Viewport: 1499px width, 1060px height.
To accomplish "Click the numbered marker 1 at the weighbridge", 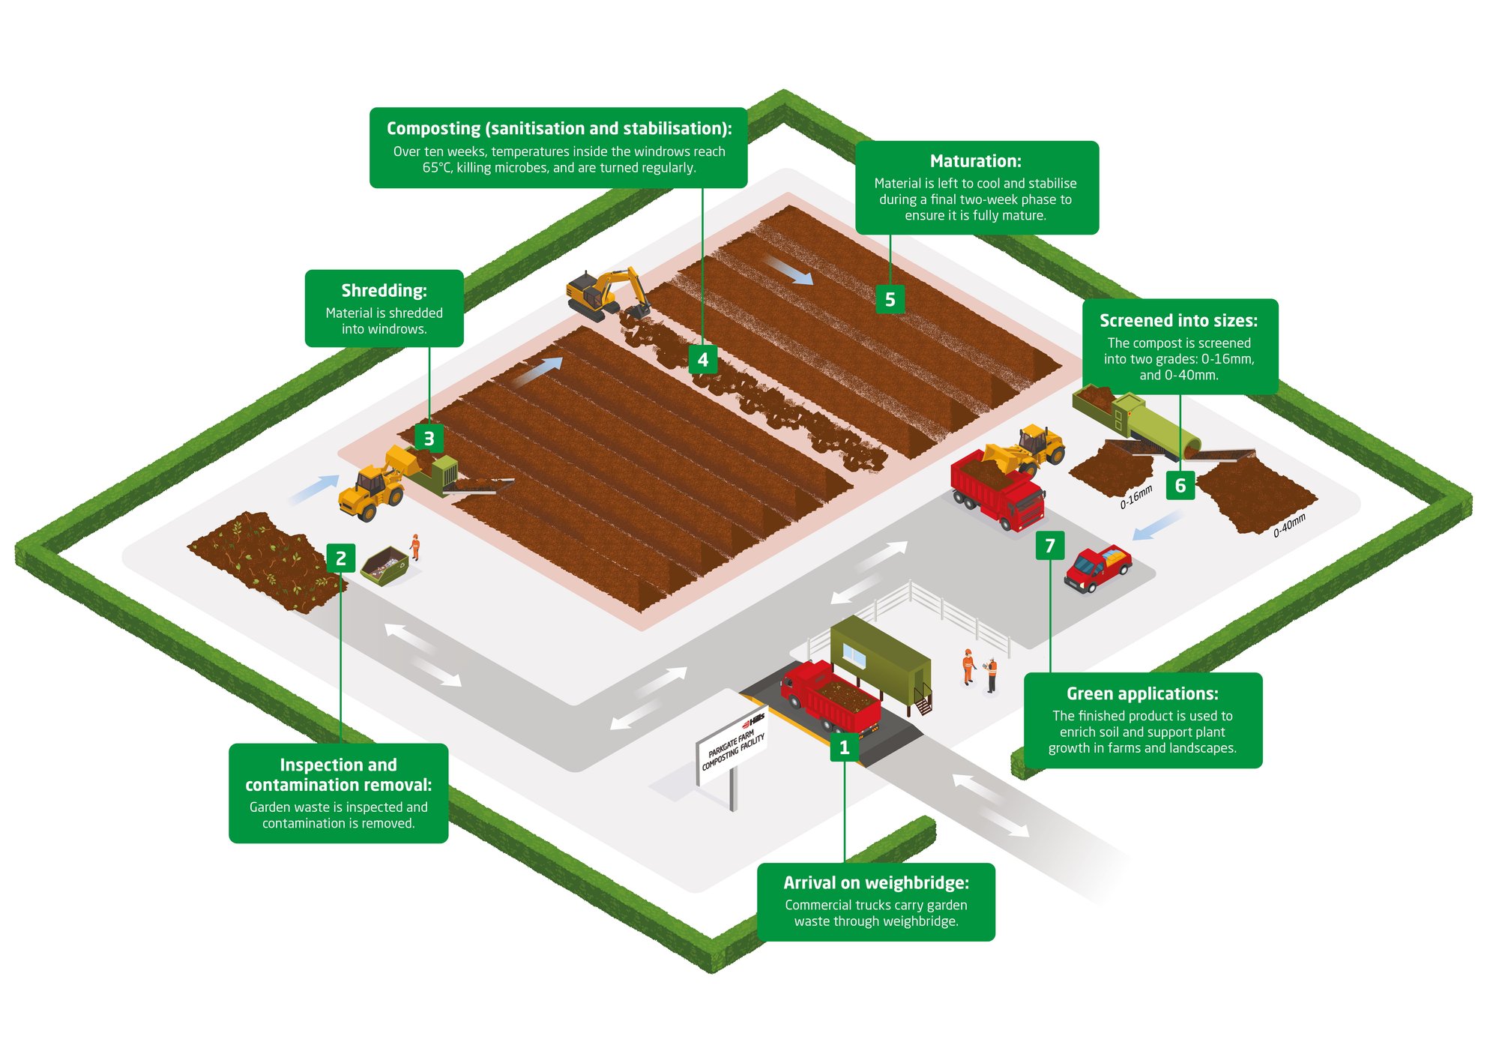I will click(844, 747).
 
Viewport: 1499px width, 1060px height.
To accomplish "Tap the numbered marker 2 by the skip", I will click(340, 558).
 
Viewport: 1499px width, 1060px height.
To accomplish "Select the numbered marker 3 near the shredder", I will click(429, 439).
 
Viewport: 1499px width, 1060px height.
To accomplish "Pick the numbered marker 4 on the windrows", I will click(702, 360).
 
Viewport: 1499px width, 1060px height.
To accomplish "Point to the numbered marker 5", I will click(890, 299).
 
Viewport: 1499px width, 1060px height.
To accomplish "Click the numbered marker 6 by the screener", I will click(1180, 486).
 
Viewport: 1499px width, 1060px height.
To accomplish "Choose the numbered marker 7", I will click(1049, 546).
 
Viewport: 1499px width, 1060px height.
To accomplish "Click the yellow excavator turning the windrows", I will click(603, 295).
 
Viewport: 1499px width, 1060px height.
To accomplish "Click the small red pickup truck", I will click(1097, 568).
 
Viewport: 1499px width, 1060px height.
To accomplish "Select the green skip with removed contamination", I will click(384, 566).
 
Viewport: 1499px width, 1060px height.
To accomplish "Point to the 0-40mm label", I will click(1289, 526).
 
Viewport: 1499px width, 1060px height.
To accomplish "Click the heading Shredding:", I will click(384, 291).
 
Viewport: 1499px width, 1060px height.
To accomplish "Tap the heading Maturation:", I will click(975, 161).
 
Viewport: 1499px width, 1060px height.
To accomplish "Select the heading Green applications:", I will click(1142, 694).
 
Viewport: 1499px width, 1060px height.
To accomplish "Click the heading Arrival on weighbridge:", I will click(876, 883).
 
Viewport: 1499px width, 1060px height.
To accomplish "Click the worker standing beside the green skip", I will click(414, 547).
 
